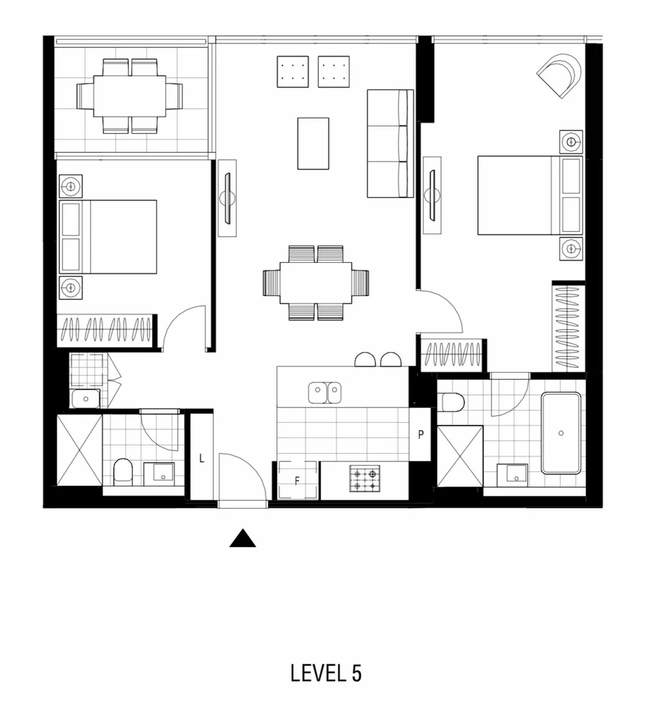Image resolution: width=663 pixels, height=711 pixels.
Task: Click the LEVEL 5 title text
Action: pyautogui.click(x=326, y=673)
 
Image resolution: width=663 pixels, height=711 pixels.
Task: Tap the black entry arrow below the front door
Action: pyautogui.click(x=242, y=539)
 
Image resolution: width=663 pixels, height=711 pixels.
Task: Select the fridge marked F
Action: pyautogui.click(x=297, y=481)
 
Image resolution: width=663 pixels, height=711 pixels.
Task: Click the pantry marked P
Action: pyautogui.click(x=420, y=434)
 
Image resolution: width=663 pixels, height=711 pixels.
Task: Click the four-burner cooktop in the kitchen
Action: pyautogui.click(x=364, y=479)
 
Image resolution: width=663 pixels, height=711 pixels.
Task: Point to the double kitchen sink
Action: pyautogui.click(x=325, y=392)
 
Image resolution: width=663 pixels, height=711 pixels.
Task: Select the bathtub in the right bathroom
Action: pyautogui.click(x=561, y=433)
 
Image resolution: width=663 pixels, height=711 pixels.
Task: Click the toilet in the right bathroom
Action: pyautogui.click(x=453, y=401)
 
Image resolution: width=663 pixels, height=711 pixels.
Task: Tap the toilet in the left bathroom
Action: pyautogui.click(x=123, y=471)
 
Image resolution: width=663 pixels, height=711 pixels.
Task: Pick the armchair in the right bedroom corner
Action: pyautogui.click(x=562, y=74)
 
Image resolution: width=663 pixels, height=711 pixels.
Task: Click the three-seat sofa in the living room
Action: pyautogui.click(x=390, y=143)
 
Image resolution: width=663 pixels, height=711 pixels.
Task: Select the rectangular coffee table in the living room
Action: pyautogui.click(x=313, y=144)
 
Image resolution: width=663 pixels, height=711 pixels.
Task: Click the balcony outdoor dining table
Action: pyautogui.click(x=130, y=96)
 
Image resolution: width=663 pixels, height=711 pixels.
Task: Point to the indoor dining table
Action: pyautogui.click(x=316, y=282)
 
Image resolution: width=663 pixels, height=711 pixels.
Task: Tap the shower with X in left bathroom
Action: pyautogui.click(x=79, y=449)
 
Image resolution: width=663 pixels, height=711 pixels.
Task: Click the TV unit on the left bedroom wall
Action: pyautogui.click(x=227, y=197)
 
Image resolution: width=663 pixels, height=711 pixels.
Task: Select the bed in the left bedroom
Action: pyautogui.click(x=109, y=237)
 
